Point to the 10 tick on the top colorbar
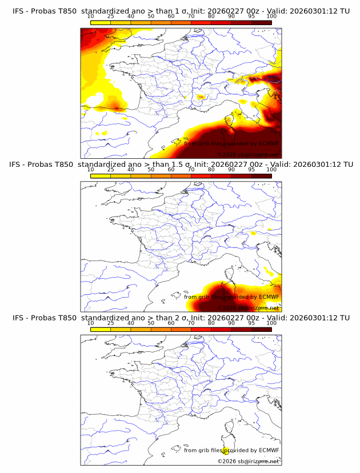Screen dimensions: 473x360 [91, 17]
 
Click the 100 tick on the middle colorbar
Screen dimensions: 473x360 [271, 170]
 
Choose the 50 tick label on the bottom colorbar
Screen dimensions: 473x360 [151, 323]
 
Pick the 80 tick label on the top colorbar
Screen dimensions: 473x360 [211, 17]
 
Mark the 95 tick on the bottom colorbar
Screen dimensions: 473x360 [251, 323]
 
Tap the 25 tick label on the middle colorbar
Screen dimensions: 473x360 [111, 170]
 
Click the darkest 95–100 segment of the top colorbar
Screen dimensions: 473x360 [261, 23]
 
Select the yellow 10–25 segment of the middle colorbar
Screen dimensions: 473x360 [101, 176]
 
